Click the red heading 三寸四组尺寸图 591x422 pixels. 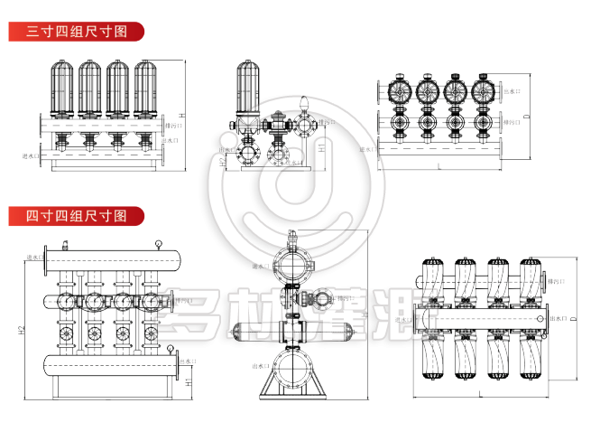point(77,31)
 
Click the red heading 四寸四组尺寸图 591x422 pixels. point(77,217)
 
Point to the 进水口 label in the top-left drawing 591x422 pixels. point(32,156)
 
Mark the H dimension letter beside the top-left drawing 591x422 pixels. point(181,116)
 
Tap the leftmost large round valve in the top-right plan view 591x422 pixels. point(398,92)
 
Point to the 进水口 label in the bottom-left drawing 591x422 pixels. point(35,257)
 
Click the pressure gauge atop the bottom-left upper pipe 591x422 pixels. point(159,242)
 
